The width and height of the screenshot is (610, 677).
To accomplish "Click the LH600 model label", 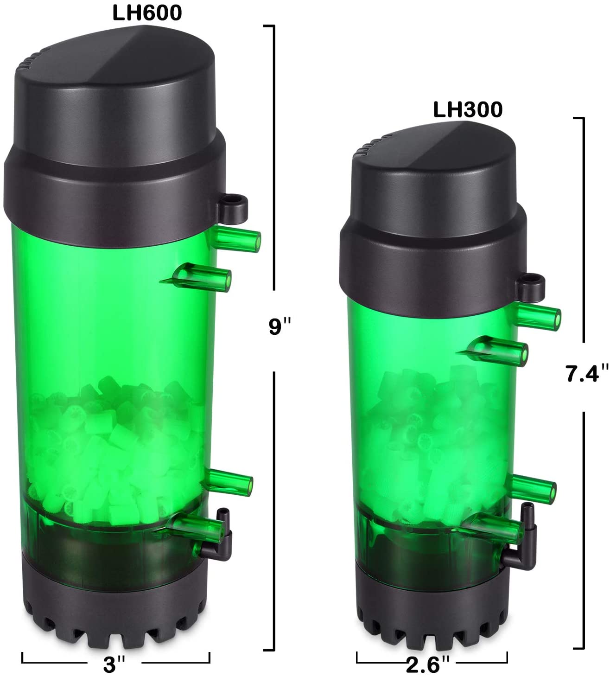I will [147, 13].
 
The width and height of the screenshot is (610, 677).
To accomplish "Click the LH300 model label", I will [467, 110].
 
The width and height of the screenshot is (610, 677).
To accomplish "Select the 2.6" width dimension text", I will [428, 665].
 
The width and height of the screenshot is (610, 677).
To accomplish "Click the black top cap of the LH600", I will [116, 116].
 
